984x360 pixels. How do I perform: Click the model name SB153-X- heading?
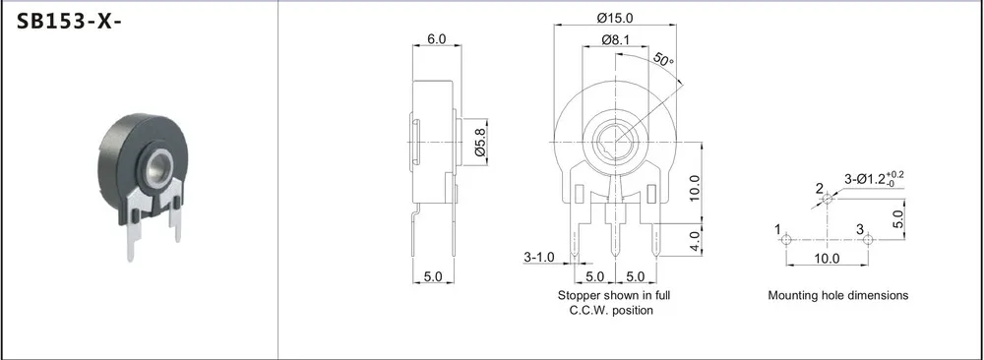point(69,22)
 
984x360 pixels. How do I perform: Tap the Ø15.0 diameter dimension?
point(615,17)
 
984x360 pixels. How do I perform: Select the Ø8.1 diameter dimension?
point(615,40)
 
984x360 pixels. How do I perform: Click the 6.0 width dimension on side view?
point(436,38)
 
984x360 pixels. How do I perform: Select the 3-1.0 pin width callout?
point(539,258)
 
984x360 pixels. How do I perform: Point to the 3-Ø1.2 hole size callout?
point(874,179)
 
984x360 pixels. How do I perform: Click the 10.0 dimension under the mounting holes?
point(827,259)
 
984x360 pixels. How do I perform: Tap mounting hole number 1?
point(786,240)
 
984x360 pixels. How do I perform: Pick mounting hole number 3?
point(869,240)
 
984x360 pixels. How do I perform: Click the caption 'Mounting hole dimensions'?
point(837,295)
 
